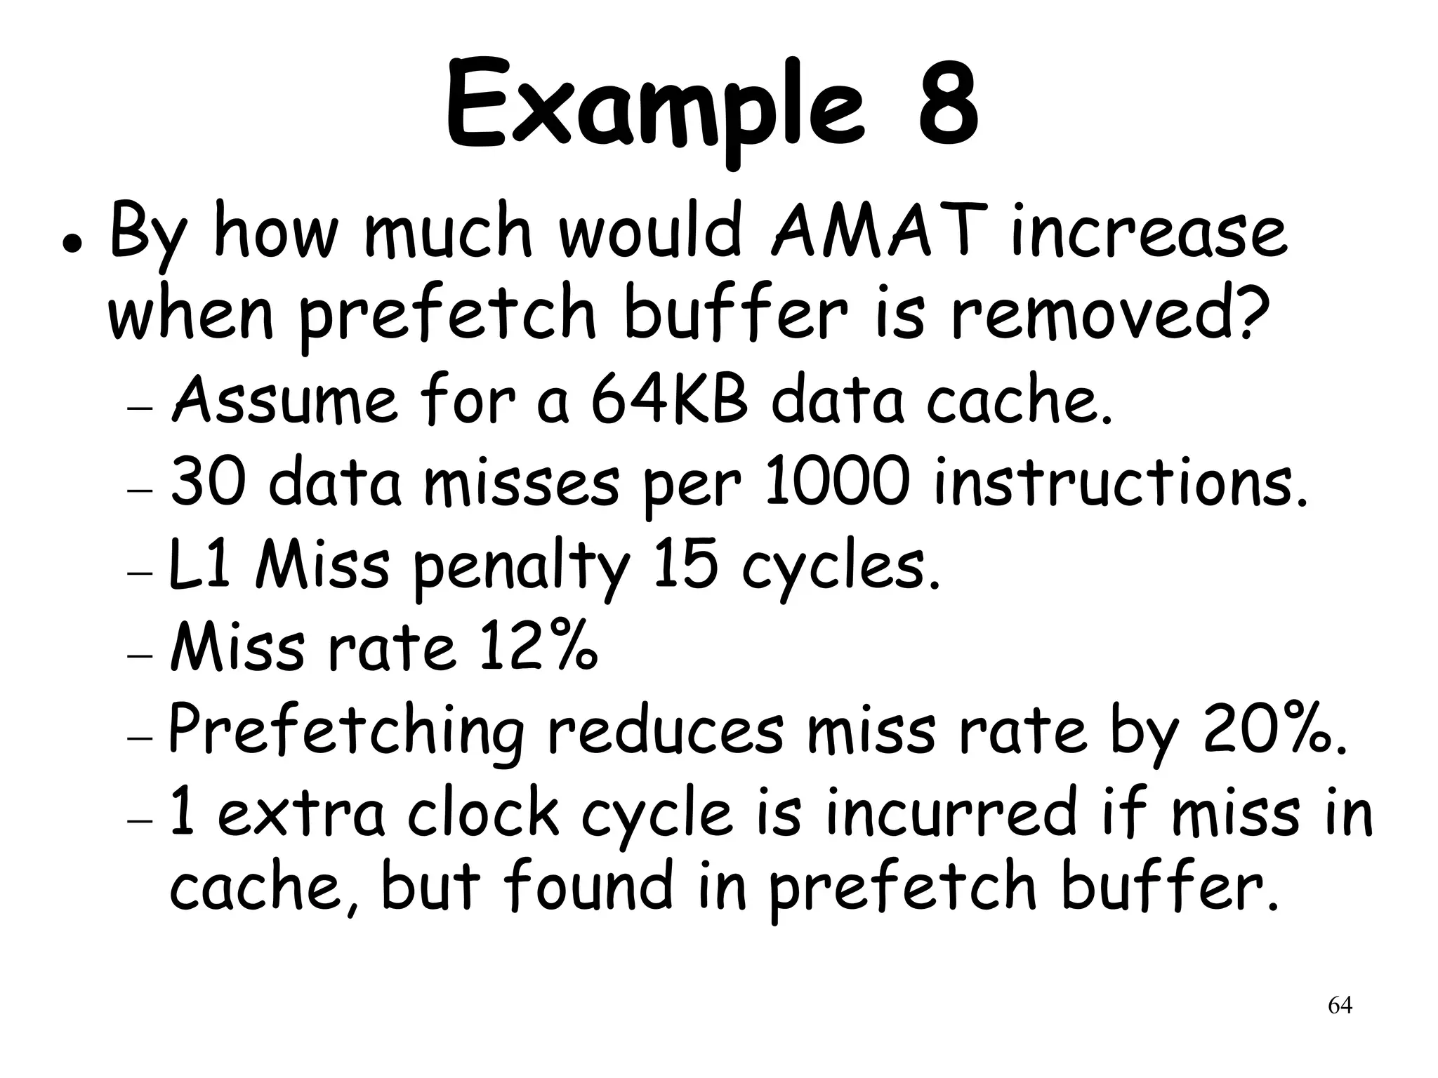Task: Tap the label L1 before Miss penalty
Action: (200, 565)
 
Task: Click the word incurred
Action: (951, 812)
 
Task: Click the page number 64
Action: (1340, 1006)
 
